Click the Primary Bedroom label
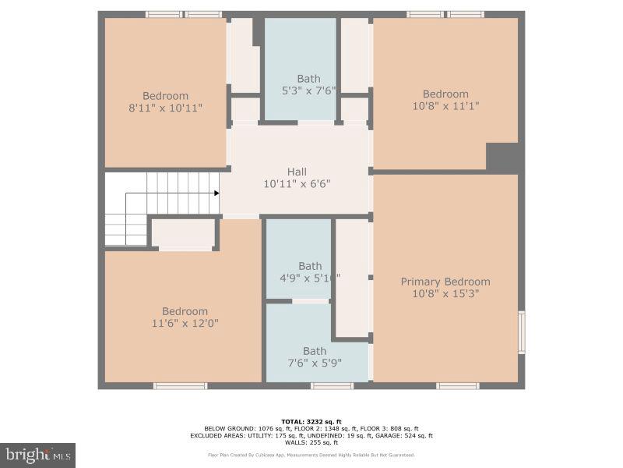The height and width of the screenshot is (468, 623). [x=445, y=282]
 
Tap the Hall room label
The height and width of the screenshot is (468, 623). [x=297, y=172]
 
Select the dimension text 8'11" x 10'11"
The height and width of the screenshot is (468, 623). [x=165, y=108]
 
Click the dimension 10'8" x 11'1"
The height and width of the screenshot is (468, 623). [x=445, y=107]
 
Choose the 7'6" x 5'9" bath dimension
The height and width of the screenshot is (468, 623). [x=315, y=363]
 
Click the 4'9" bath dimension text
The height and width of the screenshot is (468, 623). [x=309, y=278]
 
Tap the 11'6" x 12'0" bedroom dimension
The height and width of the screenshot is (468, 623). [x=185, y=323]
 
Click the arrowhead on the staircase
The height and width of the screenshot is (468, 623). [x=216, y=192]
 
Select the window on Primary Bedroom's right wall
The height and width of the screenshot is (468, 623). [x=522, y=332]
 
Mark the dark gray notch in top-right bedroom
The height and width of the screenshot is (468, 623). [x=502, y=157]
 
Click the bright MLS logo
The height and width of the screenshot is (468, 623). [x=37, y=453]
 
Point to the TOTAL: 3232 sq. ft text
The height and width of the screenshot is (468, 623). [x=311, y=421]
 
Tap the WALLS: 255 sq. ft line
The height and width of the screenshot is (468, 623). [x=311, y=442]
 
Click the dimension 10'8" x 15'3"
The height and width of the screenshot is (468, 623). [x=445, y=294]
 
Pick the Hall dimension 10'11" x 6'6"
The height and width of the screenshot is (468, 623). [x=297, y=184]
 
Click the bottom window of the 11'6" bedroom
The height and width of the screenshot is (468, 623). [x=180, y=385]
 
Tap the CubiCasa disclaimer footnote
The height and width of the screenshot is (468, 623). [x=311, y=455]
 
